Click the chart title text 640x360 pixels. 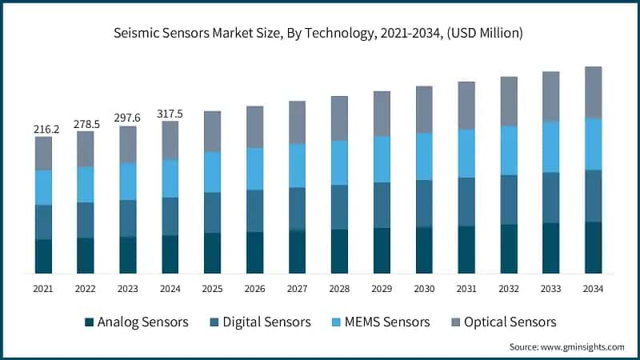(x=319, y=33)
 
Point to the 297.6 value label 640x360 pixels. (x=128, y=118)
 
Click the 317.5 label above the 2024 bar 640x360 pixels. (x=170, y=114)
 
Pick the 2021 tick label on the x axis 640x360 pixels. (x=43, y=287)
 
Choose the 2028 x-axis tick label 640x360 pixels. (x=339, y=287)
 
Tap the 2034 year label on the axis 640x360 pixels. (x=593, y=287)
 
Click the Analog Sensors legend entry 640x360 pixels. (x=136, y=322)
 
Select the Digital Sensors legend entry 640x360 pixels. (x=259, y=322)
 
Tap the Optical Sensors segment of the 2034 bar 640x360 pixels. (x=593, y=92)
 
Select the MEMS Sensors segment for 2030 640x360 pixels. (x=424, y=156)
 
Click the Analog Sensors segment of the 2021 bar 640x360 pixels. (x=43, y=256)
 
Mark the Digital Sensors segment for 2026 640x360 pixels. (x=254, y=210)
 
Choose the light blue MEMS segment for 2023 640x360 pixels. (x=128, y=182)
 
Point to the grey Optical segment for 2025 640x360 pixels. (x=212, y=131)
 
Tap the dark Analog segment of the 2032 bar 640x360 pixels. (x=509, y=249)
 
